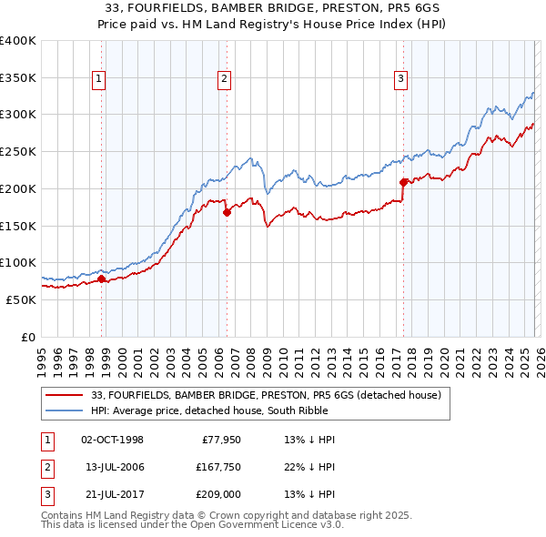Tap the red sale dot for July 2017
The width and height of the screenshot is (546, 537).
coord(402,182)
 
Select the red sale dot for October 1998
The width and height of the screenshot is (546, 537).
coord(102,279)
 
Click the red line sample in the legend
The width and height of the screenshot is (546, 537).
coord(65,395)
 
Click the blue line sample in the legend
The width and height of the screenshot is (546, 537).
coord(65,410)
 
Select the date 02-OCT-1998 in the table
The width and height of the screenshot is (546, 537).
coord(112,440)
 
